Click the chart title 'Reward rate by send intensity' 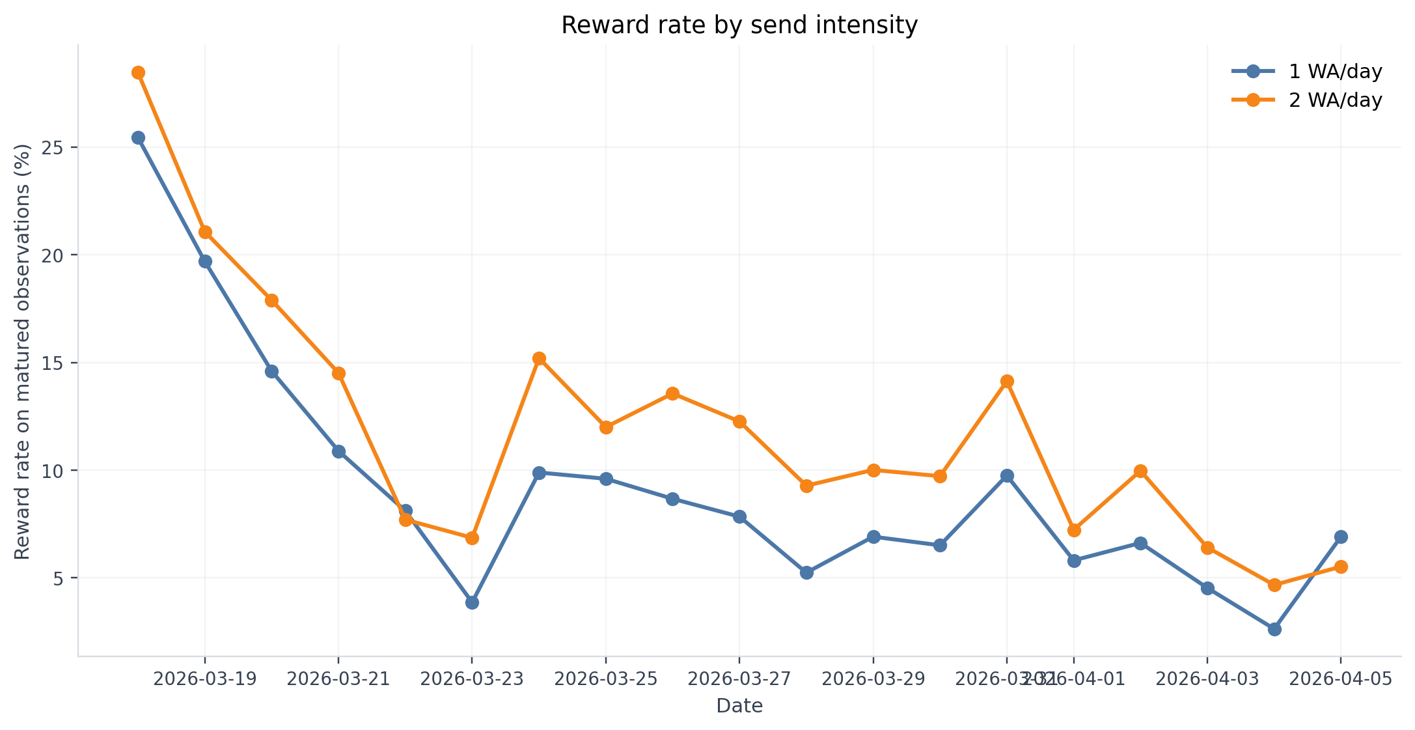pyautogui.click(x=739, y=25)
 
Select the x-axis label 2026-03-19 pyautogui.click(x=205, y=679)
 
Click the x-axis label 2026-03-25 pyautogui.click(x=606, y=679)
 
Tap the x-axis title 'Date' pyautogui.click(x=739, y=706)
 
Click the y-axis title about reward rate pyautogui.click(x=23, y=352)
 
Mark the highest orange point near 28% pyautogui.click(x=138, y=72)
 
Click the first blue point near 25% pyautogui.click(x=138, y=137)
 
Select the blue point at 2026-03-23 pyautogui.click(x=472, y=602)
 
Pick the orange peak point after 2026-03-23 pyautogui.click(x=539, y=358)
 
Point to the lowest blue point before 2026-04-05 pyautogui.click(x=1274, y=629)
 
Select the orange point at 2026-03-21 pyautogui.click(x=338, y=373)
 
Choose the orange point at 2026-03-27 pyautogui.click(x=739, y=421)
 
